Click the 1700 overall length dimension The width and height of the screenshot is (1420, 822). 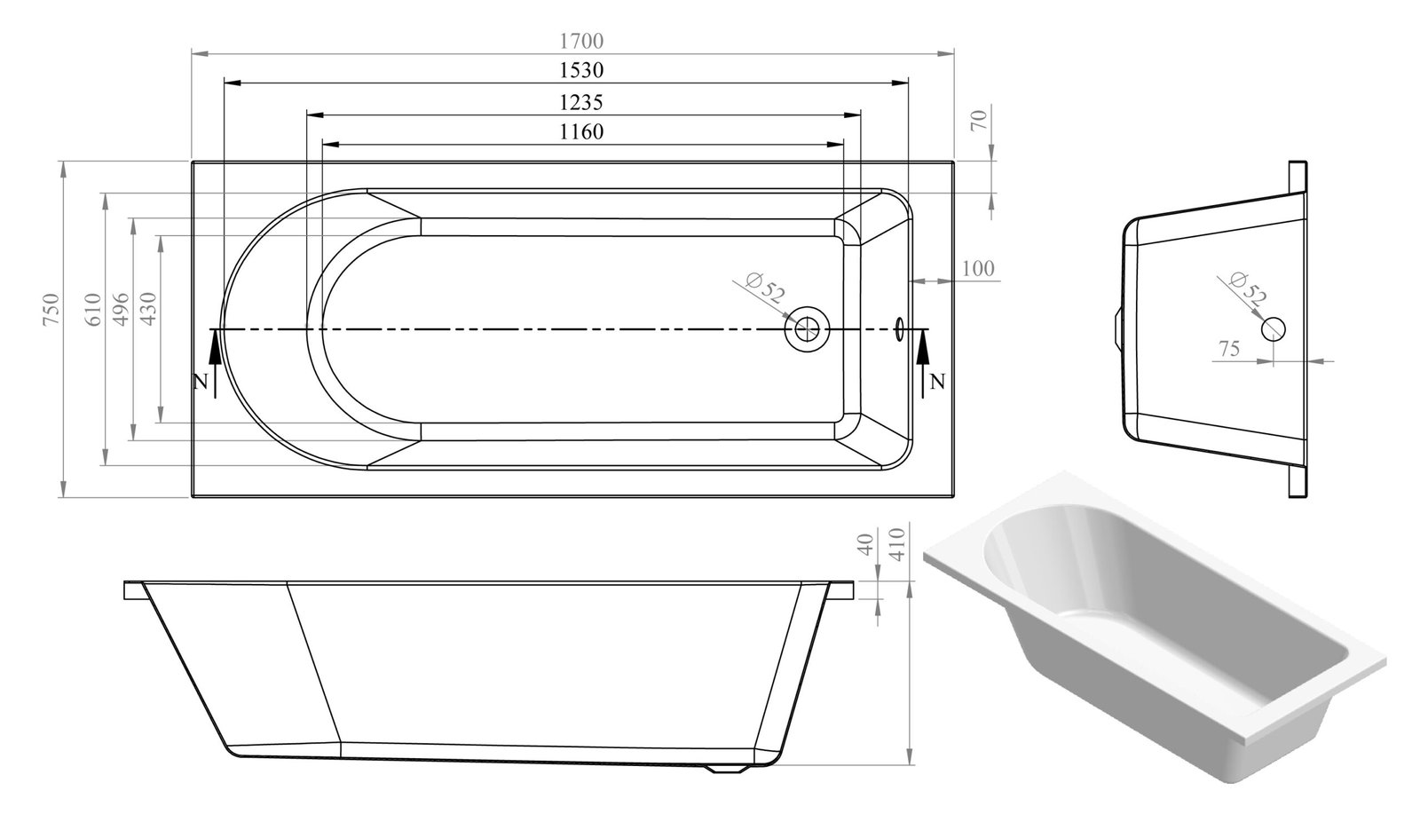click(x=581, y=41)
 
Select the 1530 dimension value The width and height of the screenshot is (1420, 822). click(x=581, y=70)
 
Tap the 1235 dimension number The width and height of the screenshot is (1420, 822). click(x=581, y=102)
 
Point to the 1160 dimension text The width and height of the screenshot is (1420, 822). click(x=581, y=132)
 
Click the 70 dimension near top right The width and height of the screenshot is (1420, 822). click(x=979, y=119)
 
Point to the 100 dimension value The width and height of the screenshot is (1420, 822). click(x=977, y=268)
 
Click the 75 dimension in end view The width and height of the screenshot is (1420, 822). click(x=1229, y=349)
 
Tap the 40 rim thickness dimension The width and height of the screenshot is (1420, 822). click(x=869, y=543)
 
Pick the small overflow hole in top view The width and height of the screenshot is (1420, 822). click(x=900, y=329)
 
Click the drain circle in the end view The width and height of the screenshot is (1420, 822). click(x=1273, y=328)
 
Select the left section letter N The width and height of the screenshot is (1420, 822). click(x=200, y=383)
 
